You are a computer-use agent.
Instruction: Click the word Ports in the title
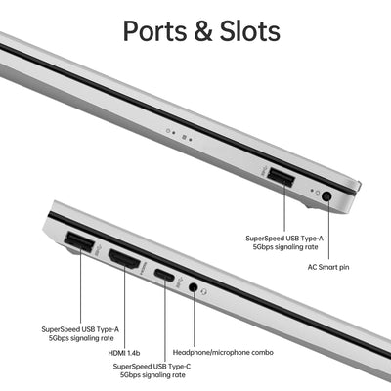click(x=155, y=31)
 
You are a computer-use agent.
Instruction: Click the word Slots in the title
click(x=250, y=31)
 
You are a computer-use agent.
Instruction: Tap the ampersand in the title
click(x=203, y=31)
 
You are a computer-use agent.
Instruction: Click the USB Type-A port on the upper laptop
click(x=281, y=178)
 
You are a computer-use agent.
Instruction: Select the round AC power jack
click(x=326, y=196)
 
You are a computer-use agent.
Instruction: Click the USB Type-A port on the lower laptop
click(x=79, y=241)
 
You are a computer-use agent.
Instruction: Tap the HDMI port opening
click(x=124, y=259)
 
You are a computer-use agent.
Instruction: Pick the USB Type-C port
click(x=164, y=275)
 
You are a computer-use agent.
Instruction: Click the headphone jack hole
click(x=194, y=287)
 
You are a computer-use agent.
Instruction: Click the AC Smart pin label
click(x=328, y=267)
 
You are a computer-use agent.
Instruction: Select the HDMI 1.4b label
click(x=124, y=353)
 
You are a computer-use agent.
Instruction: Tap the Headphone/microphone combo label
click(x=223, y=352)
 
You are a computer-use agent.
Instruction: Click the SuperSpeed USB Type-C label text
click(x=152, y=370)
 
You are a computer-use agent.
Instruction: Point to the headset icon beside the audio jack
click(x=204, y=291)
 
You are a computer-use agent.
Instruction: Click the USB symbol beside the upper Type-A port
click(x=265, y=171)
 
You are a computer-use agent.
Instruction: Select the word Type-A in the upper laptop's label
click(x=310, y=239)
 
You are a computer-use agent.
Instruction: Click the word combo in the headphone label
click(x=262, y=352)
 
